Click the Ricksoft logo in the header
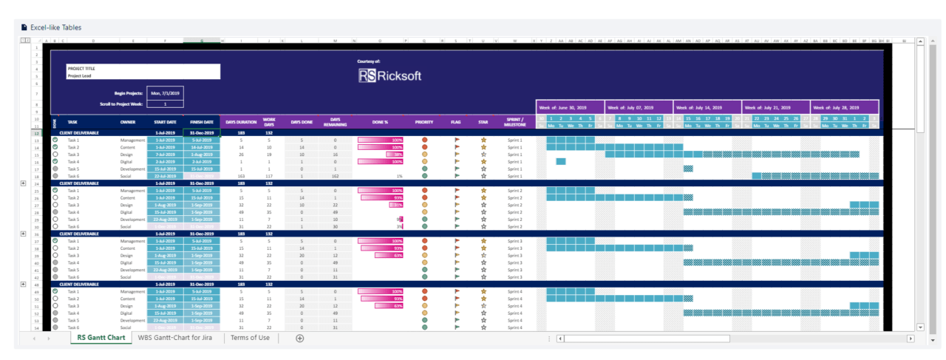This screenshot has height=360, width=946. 389,75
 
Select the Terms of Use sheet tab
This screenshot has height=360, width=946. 250,338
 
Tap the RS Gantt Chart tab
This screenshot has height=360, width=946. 101,338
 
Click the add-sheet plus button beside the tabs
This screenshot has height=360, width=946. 299,339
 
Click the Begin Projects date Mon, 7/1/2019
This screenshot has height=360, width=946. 166,93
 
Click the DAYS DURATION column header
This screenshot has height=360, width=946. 241,121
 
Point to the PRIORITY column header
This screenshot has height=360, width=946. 424,121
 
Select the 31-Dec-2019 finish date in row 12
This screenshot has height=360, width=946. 202,133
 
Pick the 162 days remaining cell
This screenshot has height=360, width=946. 335,176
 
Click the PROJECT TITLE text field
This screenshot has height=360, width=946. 143,68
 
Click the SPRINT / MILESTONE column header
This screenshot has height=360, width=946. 515,121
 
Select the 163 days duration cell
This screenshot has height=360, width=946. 241,176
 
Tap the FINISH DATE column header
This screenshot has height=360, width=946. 202,121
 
